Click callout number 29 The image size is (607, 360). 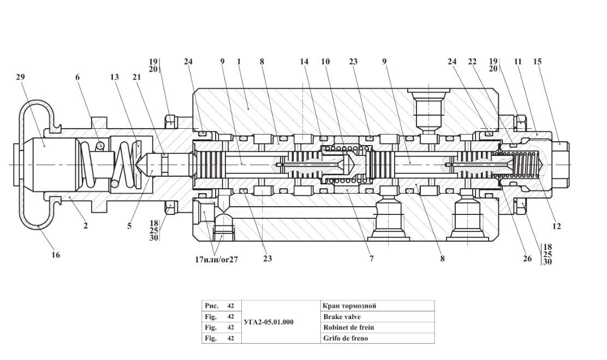tap(21, 78)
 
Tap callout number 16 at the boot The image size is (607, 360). tap(56, 254)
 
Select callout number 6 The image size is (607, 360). tap(78, 78)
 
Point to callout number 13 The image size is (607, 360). tap(114, 78)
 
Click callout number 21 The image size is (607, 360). tap(136, 78)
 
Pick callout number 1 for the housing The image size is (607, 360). tap(239, 62)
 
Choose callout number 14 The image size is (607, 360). tap(304, 62)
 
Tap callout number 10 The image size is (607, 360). tap(325, 62)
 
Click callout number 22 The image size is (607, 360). tap(472, 62)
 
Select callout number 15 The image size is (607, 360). tap(538, 62)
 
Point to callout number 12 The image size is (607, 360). tap(557, 226)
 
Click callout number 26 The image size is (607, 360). tap(527, 259)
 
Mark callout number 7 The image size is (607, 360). tap(371, 259)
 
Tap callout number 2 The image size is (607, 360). tap(85, 226)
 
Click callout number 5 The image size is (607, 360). tap(129, 226)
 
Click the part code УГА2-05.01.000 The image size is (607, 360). tap(267, 322)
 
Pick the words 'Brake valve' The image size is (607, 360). tap(342, 316)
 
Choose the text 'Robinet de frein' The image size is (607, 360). tap(349, 327)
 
